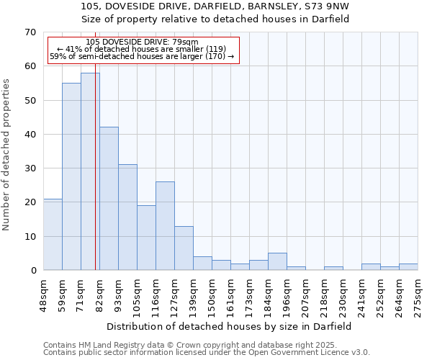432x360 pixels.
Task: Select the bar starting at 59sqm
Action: [71, 176]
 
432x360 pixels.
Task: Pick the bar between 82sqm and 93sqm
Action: [109, 198]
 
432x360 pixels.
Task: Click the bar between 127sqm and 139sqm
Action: [184, 248]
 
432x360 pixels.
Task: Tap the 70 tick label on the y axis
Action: [30, 32]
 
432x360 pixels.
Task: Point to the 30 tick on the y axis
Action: [30, 168]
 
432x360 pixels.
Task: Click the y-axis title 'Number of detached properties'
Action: [7, 154]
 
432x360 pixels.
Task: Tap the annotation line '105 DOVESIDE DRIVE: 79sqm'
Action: [141, 42]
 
